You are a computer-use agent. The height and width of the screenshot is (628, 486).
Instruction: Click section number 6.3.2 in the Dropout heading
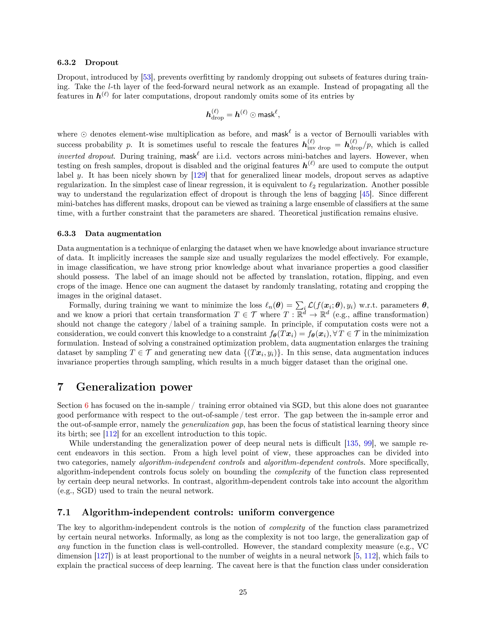[66, 63]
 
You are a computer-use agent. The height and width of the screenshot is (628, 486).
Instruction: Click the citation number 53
[147, 77]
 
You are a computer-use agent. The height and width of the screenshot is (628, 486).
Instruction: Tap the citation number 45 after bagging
[365, 194]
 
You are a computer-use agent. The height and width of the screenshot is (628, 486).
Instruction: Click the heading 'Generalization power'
[134, 387]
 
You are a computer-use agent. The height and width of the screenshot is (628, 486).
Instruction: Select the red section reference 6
[86, 406]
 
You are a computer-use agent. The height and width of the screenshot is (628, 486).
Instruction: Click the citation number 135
[352, 443]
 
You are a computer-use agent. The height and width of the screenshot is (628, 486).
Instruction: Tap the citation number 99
[368, 443]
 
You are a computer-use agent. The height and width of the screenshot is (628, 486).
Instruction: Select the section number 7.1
[64, 512]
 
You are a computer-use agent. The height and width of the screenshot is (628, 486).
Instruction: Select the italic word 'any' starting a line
[63, 547]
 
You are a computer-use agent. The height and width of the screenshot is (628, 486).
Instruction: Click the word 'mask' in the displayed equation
[266, 115]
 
